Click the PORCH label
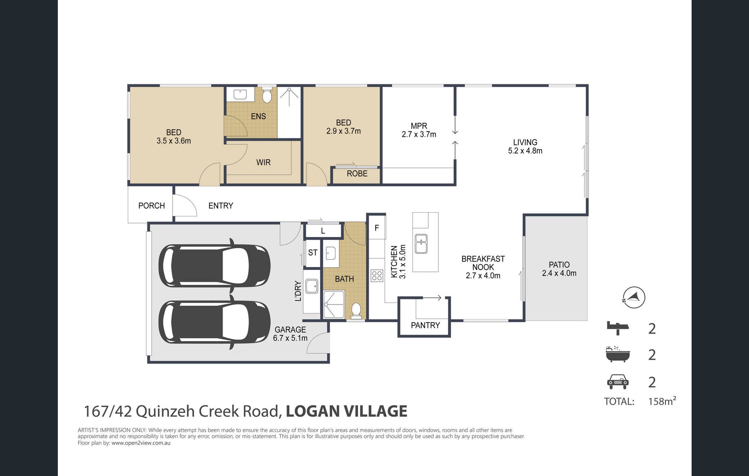tap(151, 206)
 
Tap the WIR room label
tap(263, 162)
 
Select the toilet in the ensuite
tap(267, 95)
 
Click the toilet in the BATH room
tap(356, 311)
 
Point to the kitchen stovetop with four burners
tap(377, 276)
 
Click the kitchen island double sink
tap(421, 244)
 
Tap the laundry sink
tap(312, 286)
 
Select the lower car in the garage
tap(215, 322)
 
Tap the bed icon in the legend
tap(618, 328)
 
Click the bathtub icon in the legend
tap(618, 354)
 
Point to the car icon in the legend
tap(618, 382)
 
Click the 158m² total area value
tap(662, 401)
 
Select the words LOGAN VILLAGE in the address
tap(346, 411)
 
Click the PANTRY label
tap(425, 325)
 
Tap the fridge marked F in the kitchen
tap(377, 228)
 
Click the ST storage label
tap(313, 253)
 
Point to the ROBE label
tap(357, 174)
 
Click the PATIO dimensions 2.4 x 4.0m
tap(559, 273)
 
